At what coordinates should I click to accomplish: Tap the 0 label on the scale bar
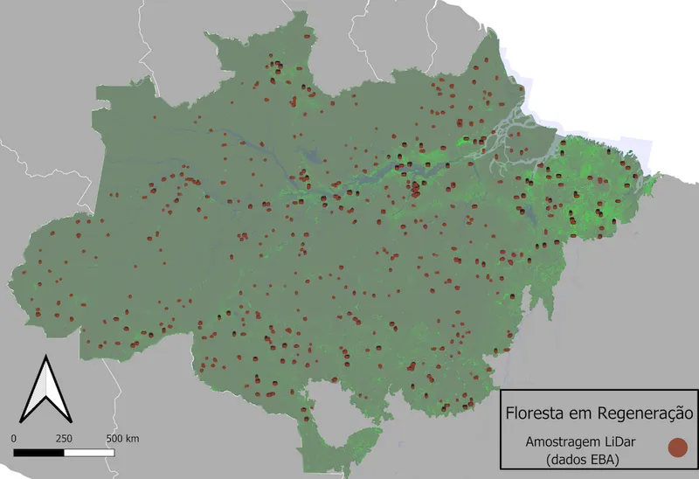15,438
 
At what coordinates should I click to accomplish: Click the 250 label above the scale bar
64,438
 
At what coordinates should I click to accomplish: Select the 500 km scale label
122,438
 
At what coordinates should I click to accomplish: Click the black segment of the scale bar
39,452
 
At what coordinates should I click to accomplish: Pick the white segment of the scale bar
89,452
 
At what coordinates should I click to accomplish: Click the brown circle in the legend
677,448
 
